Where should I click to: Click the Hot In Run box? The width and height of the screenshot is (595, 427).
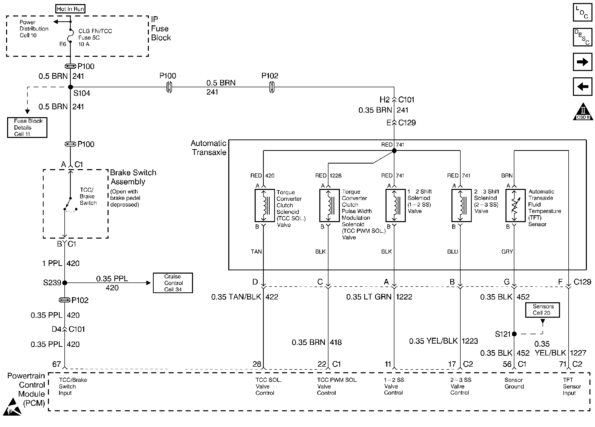coord(70,9)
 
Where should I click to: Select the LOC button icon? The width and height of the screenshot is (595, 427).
coord(582,12)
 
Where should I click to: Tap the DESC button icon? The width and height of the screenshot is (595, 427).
coord(582,37)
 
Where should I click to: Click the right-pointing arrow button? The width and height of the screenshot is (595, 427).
coord(582,62)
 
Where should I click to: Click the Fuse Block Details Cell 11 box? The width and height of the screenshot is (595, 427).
coord(27,128)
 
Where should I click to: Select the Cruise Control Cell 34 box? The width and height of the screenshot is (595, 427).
coord(173,283)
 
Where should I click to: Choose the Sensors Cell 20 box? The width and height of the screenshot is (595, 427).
coord(542,310)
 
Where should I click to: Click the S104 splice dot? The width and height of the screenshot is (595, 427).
coord(70,87)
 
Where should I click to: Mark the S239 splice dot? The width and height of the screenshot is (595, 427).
coord(65,283)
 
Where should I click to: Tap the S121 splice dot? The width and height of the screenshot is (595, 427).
coord(514,334)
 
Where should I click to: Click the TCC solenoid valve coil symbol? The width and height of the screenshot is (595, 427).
coord(265,205)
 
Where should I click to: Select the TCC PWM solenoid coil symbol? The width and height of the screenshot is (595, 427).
coord(329,205)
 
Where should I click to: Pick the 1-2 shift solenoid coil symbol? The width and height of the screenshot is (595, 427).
coord(395,205)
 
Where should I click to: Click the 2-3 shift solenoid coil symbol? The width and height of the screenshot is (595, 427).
coord(461,205)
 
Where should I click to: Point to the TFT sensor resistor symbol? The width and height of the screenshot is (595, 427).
coord(515,205)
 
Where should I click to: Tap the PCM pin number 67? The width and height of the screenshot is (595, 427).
coord(57,364)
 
